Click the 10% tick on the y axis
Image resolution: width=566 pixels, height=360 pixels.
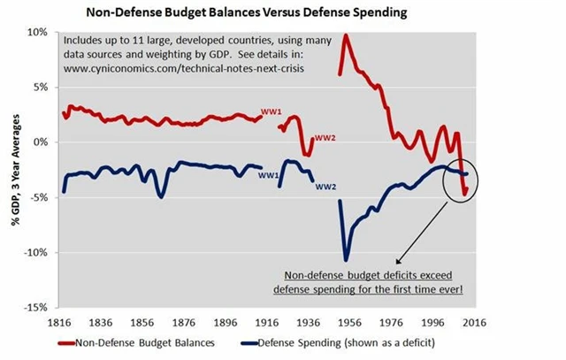click(37, 32)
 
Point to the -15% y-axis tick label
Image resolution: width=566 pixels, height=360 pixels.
click(35, 307)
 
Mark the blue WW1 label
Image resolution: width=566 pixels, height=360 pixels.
click(269, 175)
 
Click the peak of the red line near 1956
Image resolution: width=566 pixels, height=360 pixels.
click(346, 35)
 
